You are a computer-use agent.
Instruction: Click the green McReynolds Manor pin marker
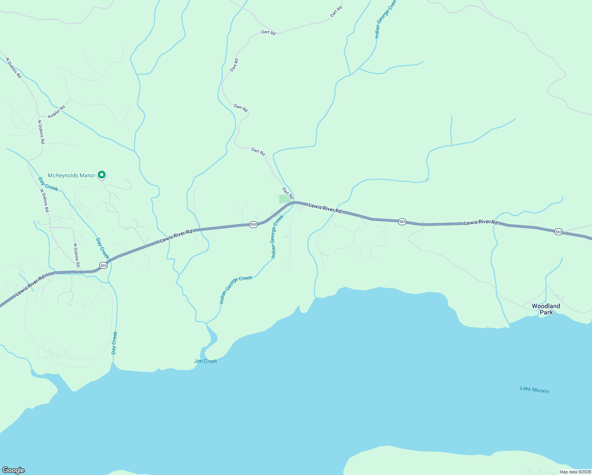tap(102, 175)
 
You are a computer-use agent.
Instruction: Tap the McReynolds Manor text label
tap(72, 175)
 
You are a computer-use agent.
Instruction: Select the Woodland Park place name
tap(546, 309)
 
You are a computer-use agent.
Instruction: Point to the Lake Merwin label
tap(534, 390)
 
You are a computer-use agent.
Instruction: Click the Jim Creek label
tap(205, 361)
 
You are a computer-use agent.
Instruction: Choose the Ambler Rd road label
tap(57, 112)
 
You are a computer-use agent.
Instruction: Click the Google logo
tap(13, 470)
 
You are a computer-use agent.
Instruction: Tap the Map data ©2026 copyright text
tap(575, 472)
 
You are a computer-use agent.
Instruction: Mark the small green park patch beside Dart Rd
tap(284, 199)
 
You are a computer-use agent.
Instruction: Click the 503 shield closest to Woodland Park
tap(558, 232)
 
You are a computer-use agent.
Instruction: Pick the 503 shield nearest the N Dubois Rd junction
tap(103, 265)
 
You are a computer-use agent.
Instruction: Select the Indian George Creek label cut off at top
tap(385, 20)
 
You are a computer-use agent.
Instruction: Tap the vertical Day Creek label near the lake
tap(114, 343)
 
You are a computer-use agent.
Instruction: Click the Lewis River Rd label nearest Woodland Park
tap(481, 222)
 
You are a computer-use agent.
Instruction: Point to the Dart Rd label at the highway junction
tap(288, 193)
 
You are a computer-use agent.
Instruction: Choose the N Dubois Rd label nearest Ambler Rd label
tap(41, 132)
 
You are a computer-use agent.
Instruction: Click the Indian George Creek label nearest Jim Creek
tap(236, 289)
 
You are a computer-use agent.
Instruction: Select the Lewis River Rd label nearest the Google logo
tap(30, 287)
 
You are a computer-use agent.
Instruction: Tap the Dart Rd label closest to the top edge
tap(336, 11)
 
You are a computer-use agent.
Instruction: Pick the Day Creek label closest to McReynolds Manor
tap(48, 184)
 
